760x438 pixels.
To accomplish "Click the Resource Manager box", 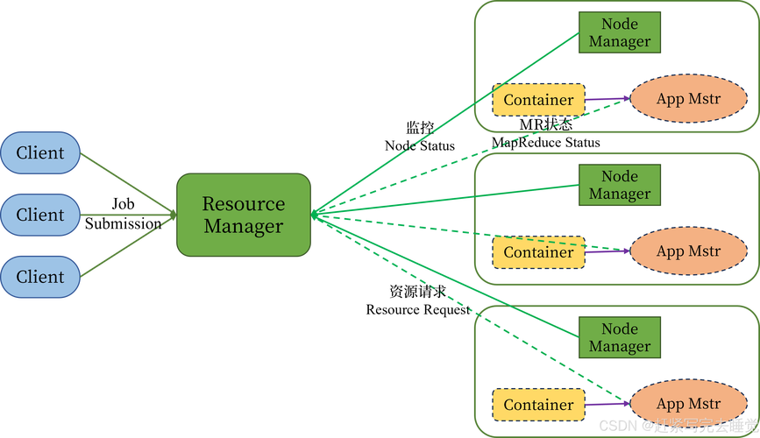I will click(x=244, y=215).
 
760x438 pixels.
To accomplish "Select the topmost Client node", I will click(x=40, y=153).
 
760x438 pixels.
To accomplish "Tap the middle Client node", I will click(x=40, y=215).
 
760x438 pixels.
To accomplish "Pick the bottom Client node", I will click(x=40, y=277).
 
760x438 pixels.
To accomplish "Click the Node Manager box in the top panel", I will click(x=619, y=32).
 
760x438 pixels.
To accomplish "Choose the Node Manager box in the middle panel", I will click(x=619, y=185).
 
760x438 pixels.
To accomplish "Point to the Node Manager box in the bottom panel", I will click(x=619, y=337).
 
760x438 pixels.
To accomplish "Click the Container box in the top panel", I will click(x=538, y=100).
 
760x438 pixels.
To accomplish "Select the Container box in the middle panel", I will click(x=538, y=252).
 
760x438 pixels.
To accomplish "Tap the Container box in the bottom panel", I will click(x=538, y=405).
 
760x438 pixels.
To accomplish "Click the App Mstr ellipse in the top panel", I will click(x=688, y=99).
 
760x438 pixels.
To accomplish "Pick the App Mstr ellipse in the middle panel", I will click(x=688, y=251).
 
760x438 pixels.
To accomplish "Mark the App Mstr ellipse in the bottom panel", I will click(x=688, y=404).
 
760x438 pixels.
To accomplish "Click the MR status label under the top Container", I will click(x=545, y=125).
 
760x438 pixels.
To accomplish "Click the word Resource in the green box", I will click(x=244, y=204).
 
